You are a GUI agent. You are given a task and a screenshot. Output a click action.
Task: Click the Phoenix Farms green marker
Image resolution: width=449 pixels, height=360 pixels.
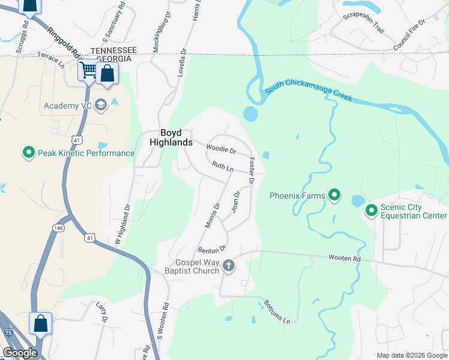335,195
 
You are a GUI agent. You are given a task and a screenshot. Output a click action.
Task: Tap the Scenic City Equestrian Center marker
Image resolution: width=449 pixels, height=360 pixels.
372,210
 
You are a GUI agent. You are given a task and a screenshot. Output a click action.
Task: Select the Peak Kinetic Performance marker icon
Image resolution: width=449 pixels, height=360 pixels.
28,153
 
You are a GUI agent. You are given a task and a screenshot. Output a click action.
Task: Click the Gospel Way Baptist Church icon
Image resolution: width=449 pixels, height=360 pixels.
228,265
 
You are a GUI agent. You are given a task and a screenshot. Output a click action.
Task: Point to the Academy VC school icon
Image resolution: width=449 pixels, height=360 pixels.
100,106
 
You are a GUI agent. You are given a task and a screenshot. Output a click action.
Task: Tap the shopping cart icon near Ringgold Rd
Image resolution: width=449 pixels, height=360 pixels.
88,70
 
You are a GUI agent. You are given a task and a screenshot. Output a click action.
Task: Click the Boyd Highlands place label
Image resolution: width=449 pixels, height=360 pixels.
167,137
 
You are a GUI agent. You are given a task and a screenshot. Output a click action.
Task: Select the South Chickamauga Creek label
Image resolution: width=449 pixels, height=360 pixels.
309,89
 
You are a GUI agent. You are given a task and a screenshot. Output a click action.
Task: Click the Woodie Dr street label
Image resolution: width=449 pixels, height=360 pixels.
220,148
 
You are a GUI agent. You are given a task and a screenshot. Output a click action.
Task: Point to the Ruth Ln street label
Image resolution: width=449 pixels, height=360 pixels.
222,166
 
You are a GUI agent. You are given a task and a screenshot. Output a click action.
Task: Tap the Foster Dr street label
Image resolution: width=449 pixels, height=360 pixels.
252,170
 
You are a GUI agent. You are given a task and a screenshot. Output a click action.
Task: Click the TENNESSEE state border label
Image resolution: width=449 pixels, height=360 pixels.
113,50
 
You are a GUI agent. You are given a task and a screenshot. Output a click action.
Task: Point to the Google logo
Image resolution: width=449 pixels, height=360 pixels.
20,353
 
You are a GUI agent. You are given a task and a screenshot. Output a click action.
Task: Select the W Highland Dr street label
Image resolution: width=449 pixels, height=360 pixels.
122,224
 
